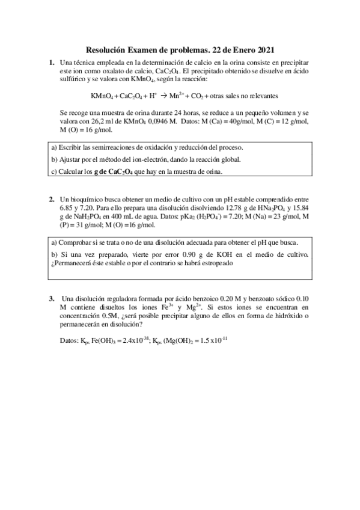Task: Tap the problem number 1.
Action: [51, 62]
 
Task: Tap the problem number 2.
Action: [51, 198]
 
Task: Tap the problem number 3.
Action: [51, 298]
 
